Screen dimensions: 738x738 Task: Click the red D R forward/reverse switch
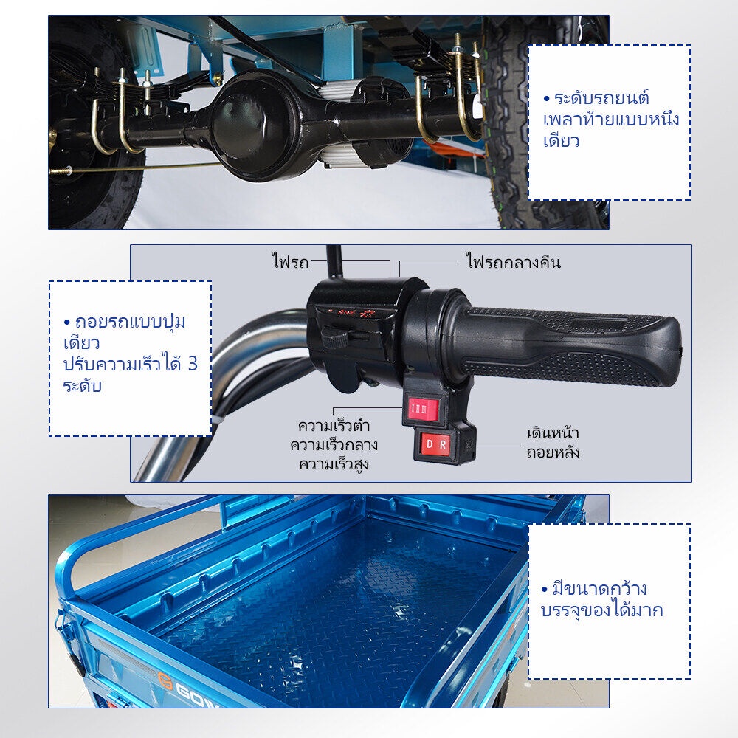[435, 444]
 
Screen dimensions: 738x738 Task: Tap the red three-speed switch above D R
[421, 410]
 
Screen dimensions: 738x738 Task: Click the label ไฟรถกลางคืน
[513, 261]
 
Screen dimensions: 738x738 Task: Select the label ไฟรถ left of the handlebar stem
[290, 261]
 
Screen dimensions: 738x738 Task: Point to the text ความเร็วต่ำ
[334, 426]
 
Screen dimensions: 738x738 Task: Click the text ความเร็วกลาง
[334, 445]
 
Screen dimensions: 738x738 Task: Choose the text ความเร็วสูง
[334, 464]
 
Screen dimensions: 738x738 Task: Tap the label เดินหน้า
[553, 433]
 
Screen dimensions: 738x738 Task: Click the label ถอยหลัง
[553, 452]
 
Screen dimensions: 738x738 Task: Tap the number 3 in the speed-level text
[193, 364]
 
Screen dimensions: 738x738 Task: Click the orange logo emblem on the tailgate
[165, 681]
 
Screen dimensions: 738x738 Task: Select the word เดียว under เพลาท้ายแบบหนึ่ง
[561, 141]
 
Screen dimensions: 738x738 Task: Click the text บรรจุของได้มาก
[602, 610]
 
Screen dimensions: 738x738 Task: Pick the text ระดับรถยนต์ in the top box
[602, 98]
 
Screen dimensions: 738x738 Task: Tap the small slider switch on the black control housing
[335, 335]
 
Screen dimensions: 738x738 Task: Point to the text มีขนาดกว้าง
[599, 588]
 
